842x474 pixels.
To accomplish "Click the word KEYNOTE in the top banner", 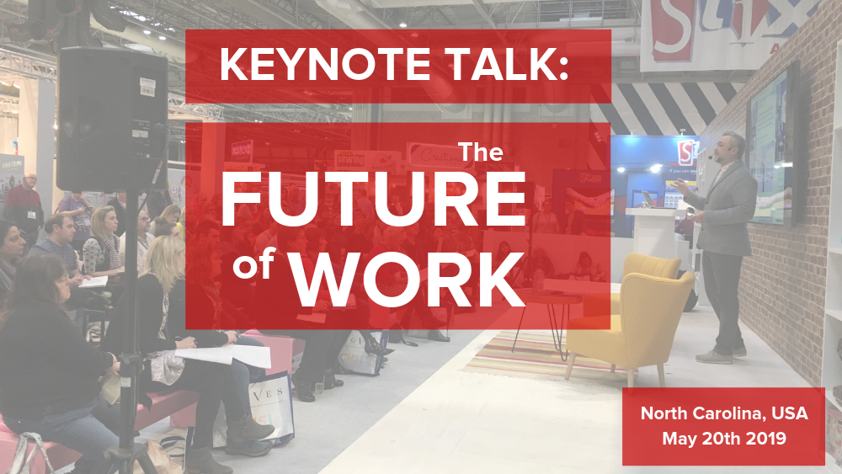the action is click(325, 65).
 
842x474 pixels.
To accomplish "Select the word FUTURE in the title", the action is click(373, 200).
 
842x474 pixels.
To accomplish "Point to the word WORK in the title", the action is click(408, 277).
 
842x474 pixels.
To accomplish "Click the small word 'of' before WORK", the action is click(254, 264).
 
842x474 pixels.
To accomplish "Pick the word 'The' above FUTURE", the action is click(480, 152).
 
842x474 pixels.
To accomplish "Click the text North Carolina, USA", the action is click(724, 413).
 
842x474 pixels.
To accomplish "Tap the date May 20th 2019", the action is click(724, 438).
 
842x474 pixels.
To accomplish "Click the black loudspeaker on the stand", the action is click(113, 120).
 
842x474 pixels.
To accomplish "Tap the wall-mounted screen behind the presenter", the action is click(771, 145).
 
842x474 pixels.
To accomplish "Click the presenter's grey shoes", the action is click(721, 355).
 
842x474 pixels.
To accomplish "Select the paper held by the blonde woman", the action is click(226, 354).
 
